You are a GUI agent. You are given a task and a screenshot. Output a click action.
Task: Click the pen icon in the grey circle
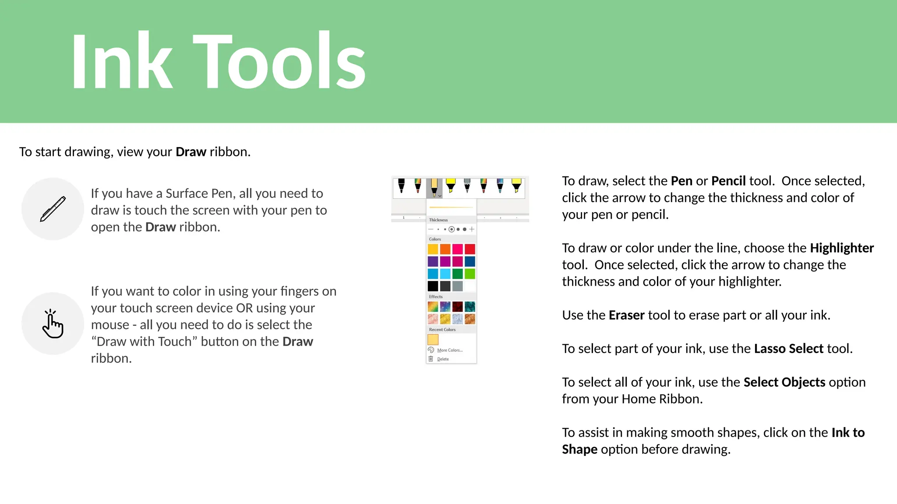click(53, 209)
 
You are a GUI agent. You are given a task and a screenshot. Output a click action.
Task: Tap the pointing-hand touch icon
click(53, 324)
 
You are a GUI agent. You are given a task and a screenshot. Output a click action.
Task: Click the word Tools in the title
click(279, 61)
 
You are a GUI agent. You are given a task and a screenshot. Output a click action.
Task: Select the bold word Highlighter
click(841, 248)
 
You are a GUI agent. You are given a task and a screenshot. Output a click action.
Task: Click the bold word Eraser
click(626, 315)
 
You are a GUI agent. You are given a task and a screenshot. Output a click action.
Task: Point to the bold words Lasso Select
click(788, 349)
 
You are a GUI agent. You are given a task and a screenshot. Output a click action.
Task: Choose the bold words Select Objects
click(784, 382)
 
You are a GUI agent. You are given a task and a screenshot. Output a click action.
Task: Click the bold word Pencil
click(728, 181)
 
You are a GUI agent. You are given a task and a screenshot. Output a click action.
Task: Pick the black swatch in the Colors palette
click(433, 286)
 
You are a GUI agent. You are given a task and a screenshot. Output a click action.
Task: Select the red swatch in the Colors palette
click(470, 249)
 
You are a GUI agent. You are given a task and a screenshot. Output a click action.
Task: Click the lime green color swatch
click(470, 274)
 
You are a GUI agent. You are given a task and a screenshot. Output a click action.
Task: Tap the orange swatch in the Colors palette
click(445, 249)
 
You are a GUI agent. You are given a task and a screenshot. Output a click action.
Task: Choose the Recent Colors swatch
click(433, 339)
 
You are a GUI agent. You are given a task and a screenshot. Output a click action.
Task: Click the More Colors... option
click(449, 350)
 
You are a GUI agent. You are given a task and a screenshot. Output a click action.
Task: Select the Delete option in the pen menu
click(443, 359)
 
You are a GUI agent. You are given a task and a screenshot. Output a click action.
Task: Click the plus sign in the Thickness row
click(472, 229)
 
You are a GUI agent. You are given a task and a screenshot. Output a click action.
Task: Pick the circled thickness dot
click(452, 229)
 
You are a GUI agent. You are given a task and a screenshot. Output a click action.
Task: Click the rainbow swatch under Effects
click(433, 307)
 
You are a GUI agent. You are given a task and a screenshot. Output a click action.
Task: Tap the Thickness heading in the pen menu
click(438, 220)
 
